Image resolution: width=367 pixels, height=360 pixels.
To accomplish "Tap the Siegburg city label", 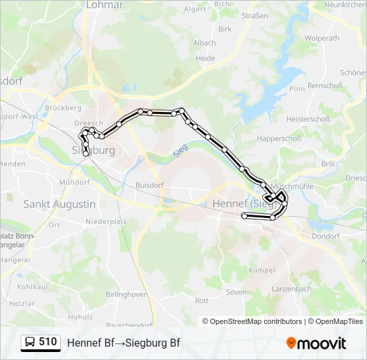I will [94, 150].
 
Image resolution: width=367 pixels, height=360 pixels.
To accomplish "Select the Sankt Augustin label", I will [59, 204].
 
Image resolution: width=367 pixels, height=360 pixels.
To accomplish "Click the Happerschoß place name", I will [280, 139].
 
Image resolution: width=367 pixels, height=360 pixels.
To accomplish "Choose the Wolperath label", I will [322, 38].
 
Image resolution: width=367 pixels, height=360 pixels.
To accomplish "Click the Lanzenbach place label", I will [292, 289].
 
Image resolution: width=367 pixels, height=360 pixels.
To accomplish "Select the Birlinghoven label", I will [127, 294].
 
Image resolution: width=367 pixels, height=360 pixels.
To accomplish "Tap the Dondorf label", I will [326, 236].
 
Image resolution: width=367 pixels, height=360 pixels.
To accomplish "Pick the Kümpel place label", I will [262, 270].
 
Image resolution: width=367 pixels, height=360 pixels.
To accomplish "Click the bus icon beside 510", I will [30, 343].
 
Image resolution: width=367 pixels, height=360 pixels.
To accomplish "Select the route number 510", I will [47, 342].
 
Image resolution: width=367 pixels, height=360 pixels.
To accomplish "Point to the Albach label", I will [204, 43].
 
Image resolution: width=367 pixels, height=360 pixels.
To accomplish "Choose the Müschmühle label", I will [292, 186].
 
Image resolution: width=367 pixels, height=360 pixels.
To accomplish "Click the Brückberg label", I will [63, 107].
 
